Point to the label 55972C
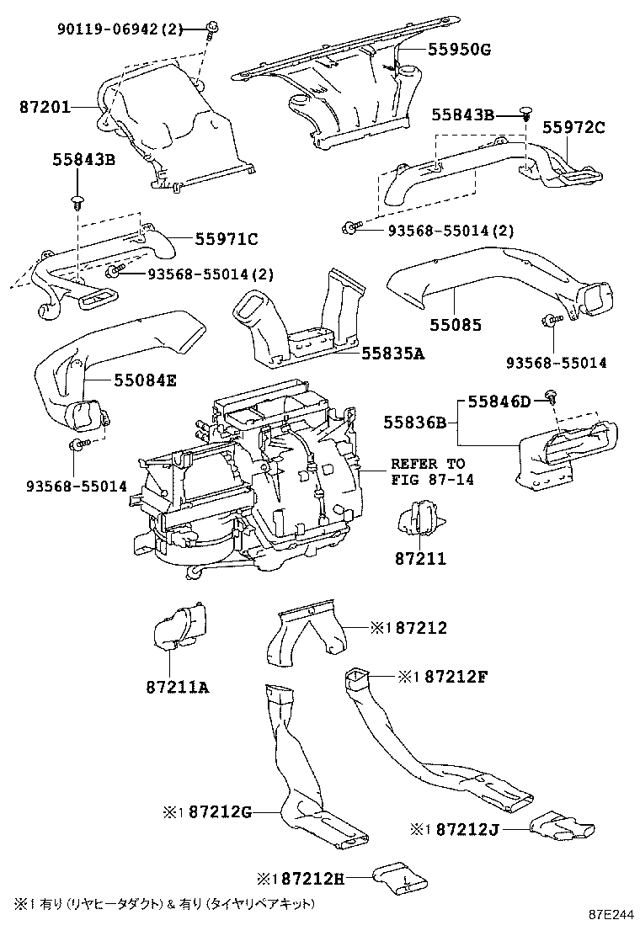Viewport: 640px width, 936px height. click(573, 128)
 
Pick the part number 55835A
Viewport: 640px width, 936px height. click(392, 354)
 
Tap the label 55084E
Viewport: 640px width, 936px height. click(134, 380)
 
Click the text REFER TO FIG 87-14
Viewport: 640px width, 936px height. click(427, 471)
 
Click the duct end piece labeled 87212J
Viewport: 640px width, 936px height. click(562, 826)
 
